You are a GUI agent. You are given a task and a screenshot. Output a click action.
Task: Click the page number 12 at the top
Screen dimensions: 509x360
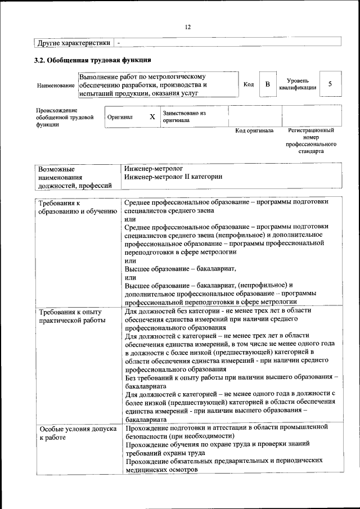188,26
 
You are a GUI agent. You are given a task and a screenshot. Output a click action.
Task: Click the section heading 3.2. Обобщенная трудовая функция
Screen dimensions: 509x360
93,60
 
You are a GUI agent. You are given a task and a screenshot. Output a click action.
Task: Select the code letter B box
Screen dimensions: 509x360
268,84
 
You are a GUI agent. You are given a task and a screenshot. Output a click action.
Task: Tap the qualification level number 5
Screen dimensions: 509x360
330,84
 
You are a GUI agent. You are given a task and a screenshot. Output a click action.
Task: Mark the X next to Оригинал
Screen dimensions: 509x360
152,117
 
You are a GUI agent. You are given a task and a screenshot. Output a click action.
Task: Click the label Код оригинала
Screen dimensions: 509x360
254,130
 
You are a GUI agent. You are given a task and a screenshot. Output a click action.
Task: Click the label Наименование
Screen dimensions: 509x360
56,85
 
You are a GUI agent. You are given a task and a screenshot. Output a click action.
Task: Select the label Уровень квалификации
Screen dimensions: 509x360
297,84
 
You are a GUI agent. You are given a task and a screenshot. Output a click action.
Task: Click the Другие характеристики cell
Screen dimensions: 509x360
74,43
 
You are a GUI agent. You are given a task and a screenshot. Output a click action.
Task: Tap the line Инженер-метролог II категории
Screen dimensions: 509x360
173,177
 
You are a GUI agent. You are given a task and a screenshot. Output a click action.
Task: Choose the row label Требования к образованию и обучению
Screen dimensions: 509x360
73,207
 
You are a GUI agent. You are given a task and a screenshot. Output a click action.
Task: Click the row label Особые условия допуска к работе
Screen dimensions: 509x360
75,433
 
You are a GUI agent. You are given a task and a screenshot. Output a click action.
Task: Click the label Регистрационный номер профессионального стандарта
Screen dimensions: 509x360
310,141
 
